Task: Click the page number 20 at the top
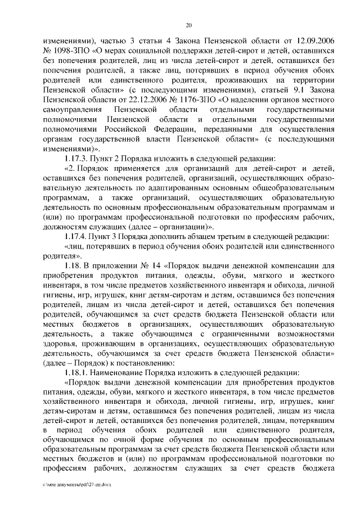[188, 25]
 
